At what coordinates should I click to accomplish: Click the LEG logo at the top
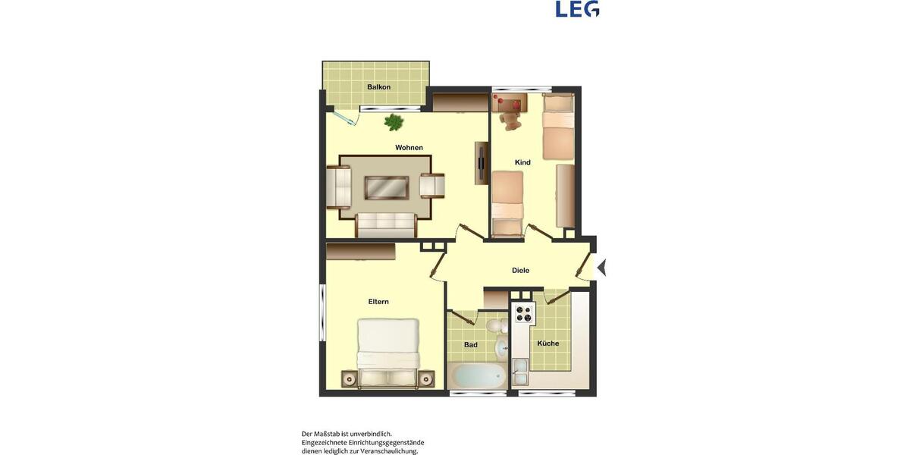pos(577,9)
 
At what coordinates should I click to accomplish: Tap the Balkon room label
pos(378,87)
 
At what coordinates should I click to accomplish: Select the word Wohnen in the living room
pos(409,147)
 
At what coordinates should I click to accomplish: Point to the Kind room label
pos(522,162)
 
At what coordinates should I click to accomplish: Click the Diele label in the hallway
pos(520,270)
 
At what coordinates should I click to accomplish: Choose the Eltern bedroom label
pos(378,302)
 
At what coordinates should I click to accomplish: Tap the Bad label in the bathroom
pos(470,345)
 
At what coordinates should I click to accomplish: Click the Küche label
pos(548,344)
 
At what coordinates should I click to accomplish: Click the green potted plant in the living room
pos(394,121)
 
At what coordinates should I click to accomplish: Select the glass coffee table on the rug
pos(387,187)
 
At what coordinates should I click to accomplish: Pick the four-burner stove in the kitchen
pos(524,312)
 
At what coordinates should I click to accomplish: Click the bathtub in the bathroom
pos(477,375)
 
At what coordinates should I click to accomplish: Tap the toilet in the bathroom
pos(495,326)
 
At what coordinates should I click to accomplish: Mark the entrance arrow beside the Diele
pos(602,267)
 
